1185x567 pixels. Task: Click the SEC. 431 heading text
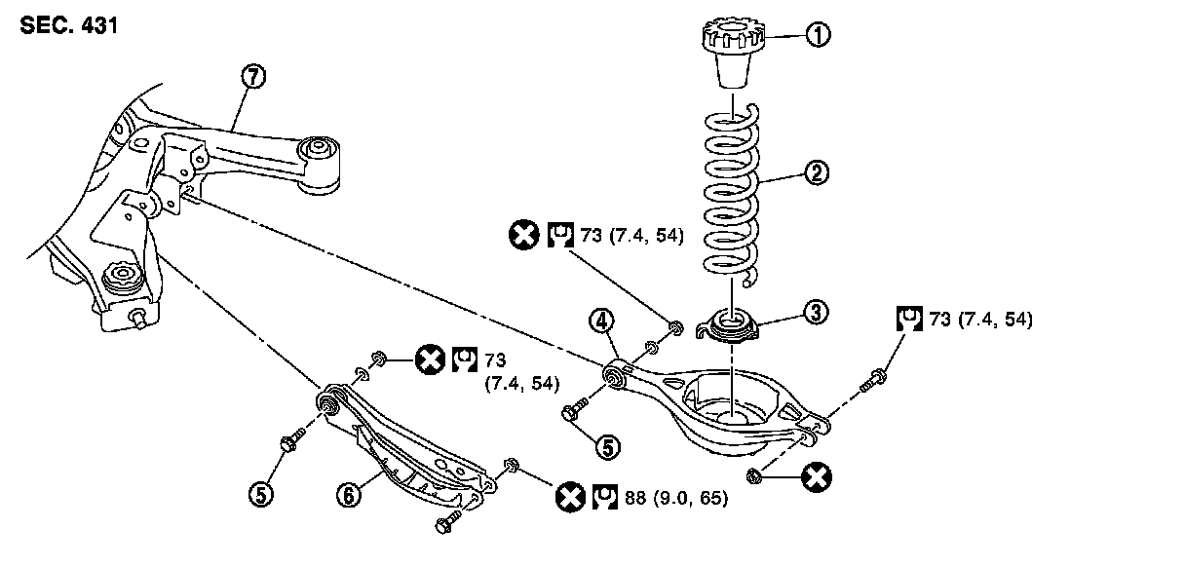(x=68, y=26)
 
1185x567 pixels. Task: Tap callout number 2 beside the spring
(x=817, y=174)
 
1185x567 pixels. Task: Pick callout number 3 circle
(x=816, y=312)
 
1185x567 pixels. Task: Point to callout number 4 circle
(x=602, y=321)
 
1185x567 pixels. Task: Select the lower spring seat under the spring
(x=731, y=324)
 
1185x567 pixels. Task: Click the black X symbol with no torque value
(x=816, y=477)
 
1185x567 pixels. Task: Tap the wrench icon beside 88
(x=605, y=499)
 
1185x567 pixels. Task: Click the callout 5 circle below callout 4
(x=607, y=447)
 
